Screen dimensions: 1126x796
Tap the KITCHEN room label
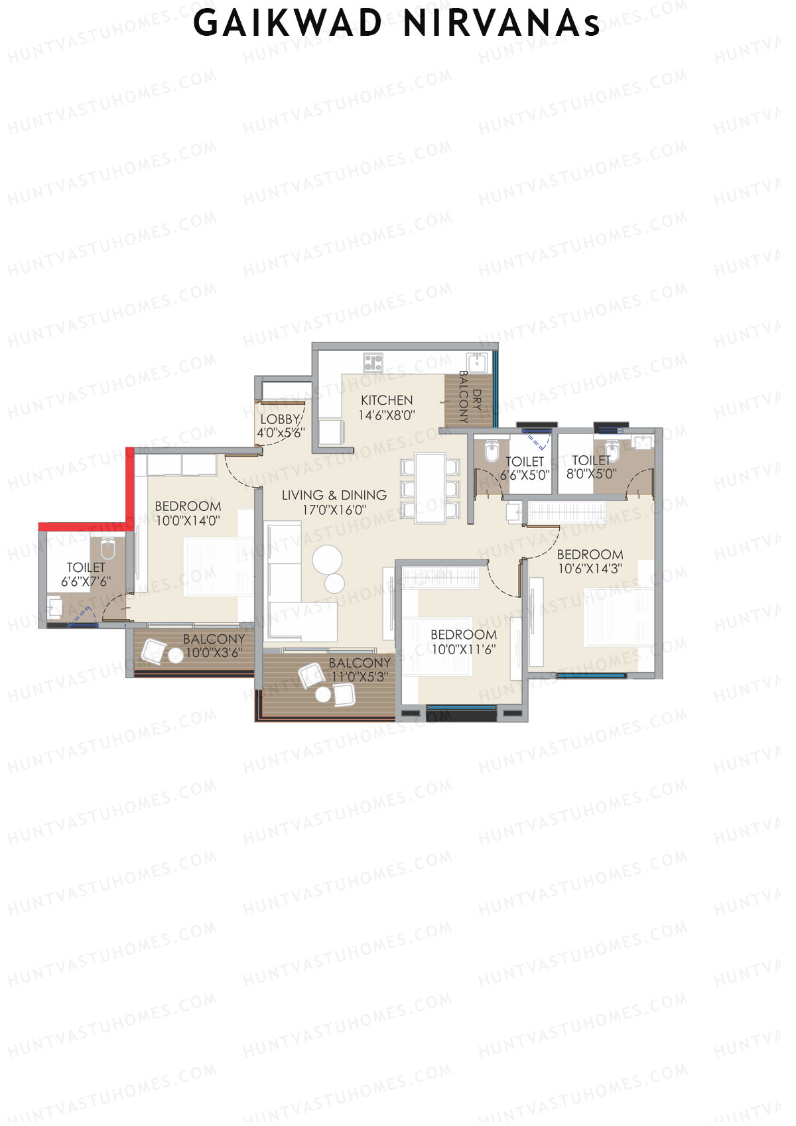(387, 400)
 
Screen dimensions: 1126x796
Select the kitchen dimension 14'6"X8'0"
(387, 415)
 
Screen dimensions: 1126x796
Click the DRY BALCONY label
(470, 397)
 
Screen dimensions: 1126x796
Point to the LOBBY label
(280, 419)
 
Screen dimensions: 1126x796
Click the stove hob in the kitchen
(373, 362)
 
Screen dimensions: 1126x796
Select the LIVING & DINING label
(334, 495)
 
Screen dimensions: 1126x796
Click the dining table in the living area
(430, 488)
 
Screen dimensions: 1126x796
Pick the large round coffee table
(327, 559)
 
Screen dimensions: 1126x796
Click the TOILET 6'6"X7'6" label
(86, 575)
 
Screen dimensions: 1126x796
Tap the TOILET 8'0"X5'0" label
(591, 467)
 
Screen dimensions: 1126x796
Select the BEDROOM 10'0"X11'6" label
(464, 642)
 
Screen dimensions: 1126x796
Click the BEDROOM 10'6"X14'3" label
(590, 561)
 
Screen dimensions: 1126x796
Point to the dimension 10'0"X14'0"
(188, 522)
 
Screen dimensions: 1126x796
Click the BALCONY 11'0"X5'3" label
(360, 669)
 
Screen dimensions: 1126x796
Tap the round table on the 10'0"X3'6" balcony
(175, 656)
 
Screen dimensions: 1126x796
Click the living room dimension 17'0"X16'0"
(334, 510)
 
